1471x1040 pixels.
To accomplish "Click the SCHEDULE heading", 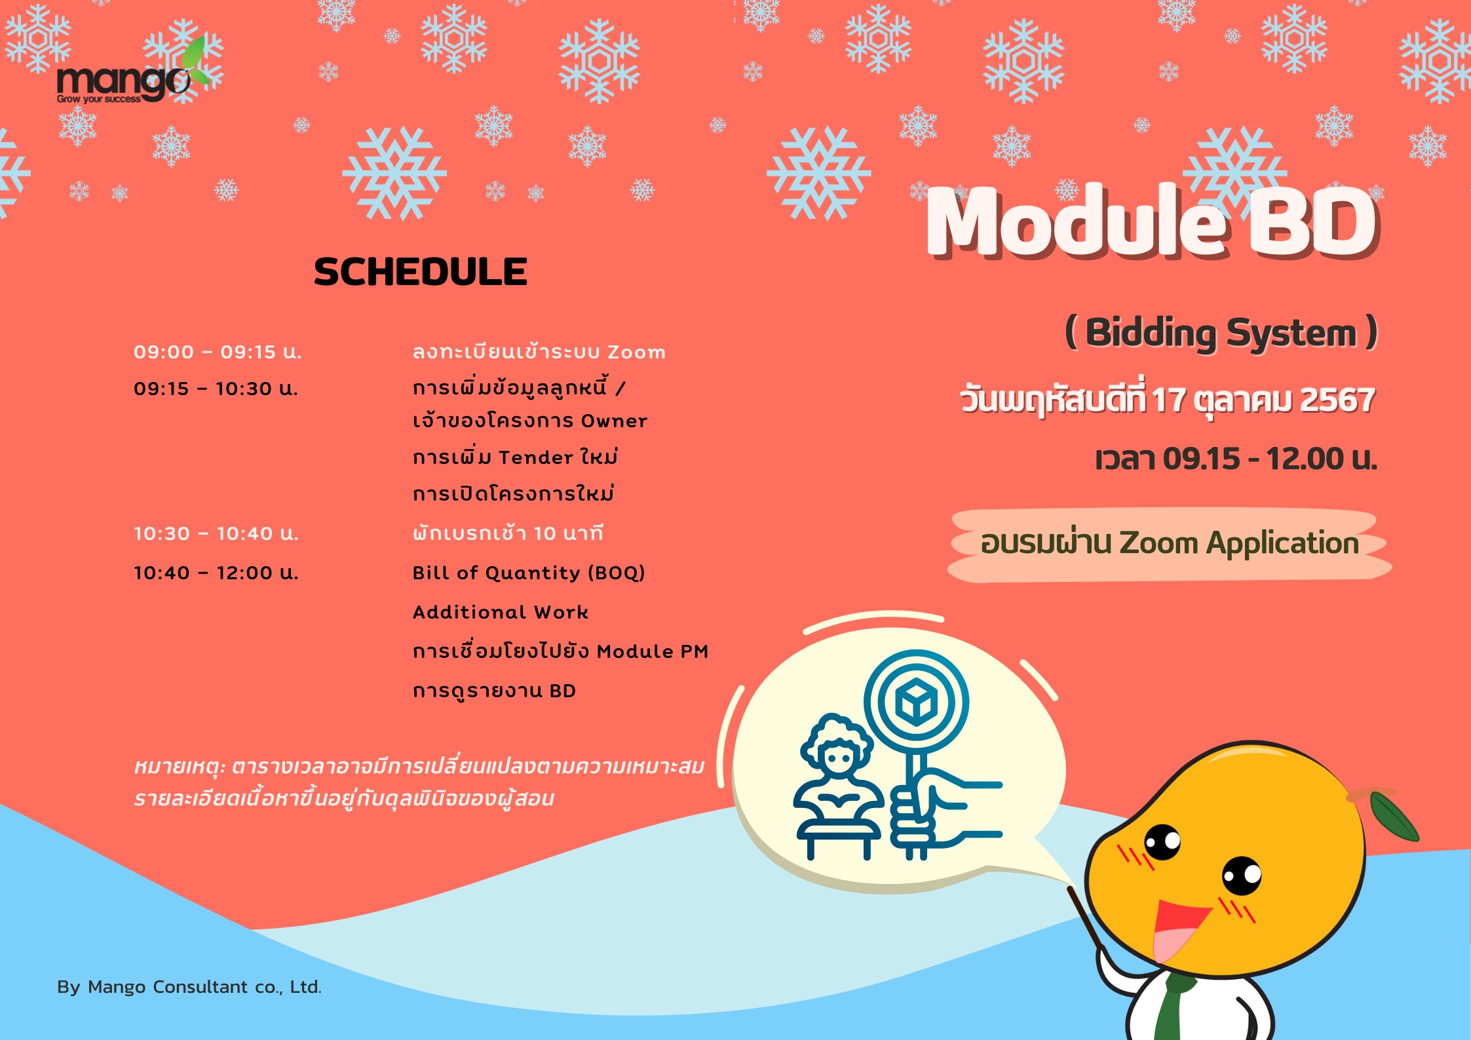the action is (x=421, y=272).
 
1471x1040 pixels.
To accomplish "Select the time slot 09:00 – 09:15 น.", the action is (x=218, y=352).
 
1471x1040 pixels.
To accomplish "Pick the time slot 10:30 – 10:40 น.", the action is (x=216, y=533).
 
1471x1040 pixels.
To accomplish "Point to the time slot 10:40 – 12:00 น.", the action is (x=216, y=573).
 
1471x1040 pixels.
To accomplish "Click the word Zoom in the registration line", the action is (x=636, y=353).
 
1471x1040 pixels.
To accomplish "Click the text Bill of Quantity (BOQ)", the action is (x=529, y=573).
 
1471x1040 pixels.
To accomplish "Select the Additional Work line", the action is (x=501, y=612).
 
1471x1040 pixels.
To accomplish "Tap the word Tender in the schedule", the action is (x=536, y=457).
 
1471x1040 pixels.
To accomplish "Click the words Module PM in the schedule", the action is (x=653, y=651).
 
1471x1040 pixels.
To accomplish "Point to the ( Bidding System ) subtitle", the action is (x=1221, y=333).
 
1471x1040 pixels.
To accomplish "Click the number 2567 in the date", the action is (x=1337, y=400).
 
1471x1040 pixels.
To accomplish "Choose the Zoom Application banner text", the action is (x=1170, y=543).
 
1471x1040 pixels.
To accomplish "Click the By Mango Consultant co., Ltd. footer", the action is (x=189, y=987).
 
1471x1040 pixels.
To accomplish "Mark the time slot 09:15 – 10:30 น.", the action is (x=216, y=389).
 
